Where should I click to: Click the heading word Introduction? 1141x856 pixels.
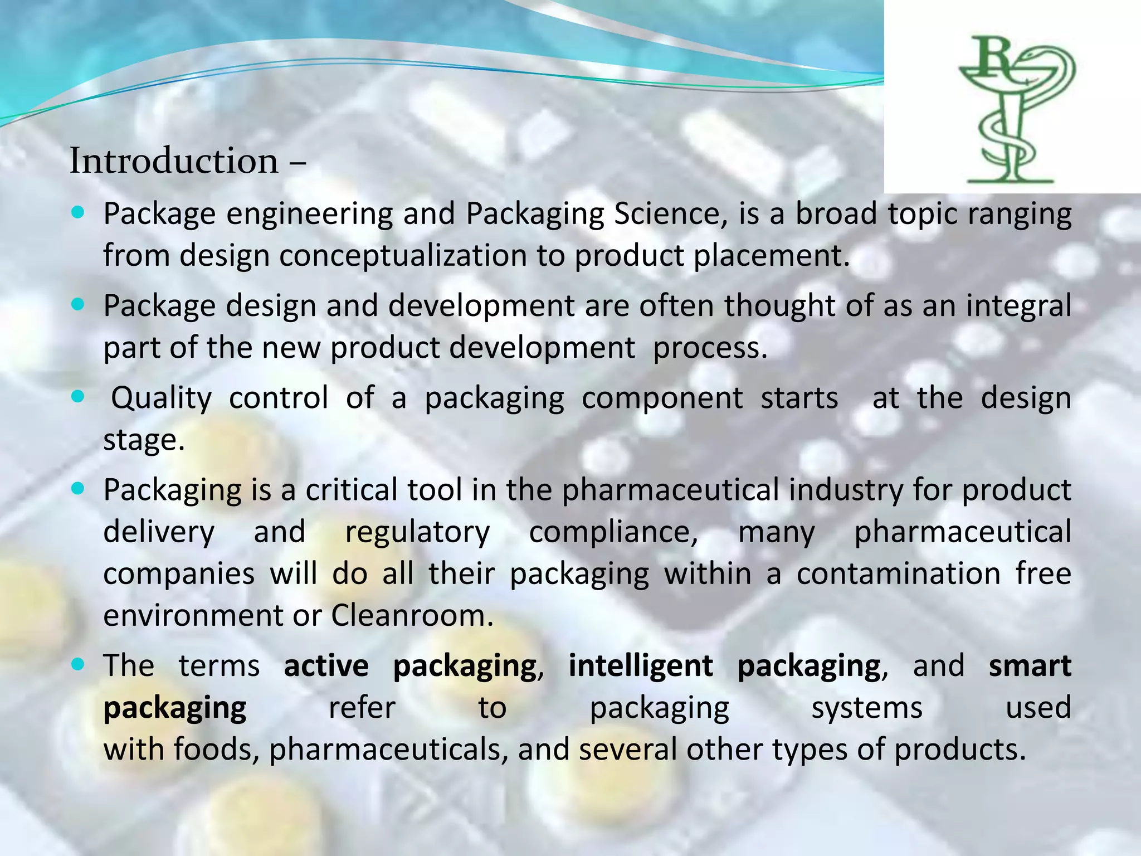[174, 161]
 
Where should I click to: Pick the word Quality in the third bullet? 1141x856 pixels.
[162, 398]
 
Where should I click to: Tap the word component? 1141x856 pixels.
[662, 398]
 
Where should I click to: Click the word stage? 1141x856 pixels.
[143, 440]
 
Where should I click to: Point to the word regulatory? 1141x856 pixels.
[417, 532]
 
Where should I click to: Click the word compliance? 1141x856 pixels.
[613, 532]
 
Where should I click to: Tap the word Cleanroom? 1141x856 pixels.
[412, 616]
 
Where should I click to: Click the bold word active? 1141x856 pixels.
[326, 666]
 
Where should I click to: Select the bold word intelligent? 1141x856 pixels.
[641, 666]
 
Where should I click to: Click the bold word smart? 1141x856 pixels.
[1030, 666]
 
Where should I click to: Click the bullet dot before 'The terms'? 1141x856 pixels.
[78, 664]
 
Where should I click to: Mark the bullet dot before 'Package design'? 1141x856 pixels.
[78, 304]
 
